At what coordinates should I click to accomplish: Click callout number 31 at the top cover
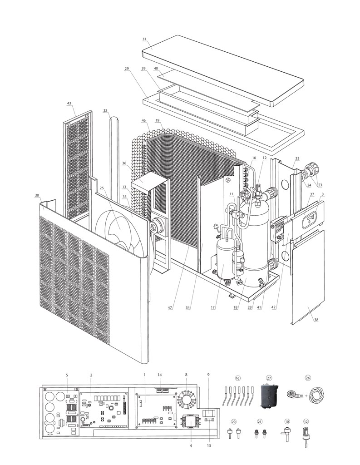click(144, 40)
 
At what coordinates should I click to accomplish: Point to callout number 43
click(69, 104)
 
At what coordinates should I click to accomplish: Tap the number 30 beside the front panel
click(36, 196)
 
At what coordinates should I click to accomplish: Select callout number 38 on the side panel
click(316, 320)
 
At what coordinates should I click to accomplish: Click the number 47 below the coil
click(170, 308)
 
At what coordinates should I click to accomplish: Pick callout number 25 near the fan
click(102, 188)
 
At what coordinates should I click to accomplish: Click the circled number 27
click(269, 378)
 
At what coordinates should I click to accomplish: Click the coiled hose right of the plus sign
click(316, 395)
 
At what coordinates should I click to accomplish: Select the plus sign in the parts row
click(306, 395)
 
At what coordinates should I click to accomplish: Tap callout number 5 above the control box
click(67, 375)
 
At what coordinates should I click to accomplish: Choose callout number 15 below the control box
click(209, 445)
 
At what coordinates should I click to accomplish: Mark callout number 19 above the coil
click(157, 121)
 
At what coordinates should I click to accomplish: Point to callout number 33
click(297, 158)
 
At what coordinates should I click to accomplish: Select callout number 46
click(143, 121)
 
